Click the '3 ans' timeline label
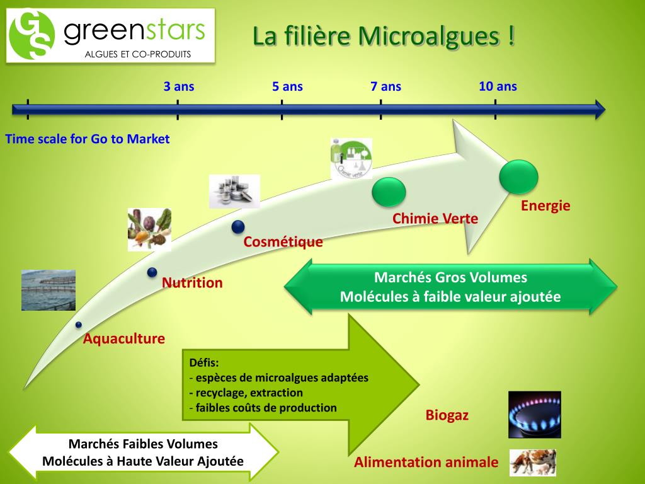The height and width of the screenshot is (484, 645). pos(179,86)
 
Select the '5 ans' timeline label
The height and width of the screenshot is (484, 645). pos(287,86)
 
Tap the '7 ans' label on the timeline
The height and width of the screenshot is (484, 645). pos(385,86)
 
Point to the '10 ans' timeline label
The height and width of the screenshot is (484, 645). pos(498,86)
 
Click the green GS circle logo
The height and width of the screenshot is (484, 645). pos(32,35)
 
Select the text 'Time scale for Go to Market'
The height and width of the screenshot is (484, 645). pos(88,139)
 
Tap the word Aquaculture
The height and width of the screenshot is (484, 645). pos(124,338)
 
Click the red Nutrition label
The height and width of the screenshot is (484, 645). pos(192,282)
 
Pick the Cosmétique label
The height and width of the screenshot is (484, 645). pos(283,241)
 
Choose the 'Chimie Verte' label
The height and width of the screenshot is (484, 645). pos(435,219)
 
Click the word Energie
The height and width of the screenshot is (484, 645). pos(545,205)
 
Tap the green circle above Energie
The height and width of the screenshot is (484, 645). pos(518,176)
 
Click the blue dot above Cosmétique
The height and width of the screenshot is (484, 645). pos(237,227)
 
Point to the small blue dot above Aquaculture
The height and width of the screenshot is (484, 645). pos(78,325)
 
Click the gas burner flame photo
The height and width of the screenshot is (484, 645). pos(534,414)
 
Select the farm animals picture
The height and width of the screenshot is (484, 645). pos(532,462)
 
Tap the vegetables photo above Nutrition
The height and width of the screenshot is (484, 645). pos(149,229)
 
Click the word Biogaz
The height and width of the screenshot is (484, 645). pos(447,415)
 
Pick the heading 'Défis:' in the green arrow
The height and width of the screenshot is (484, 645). pos(204,363)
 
